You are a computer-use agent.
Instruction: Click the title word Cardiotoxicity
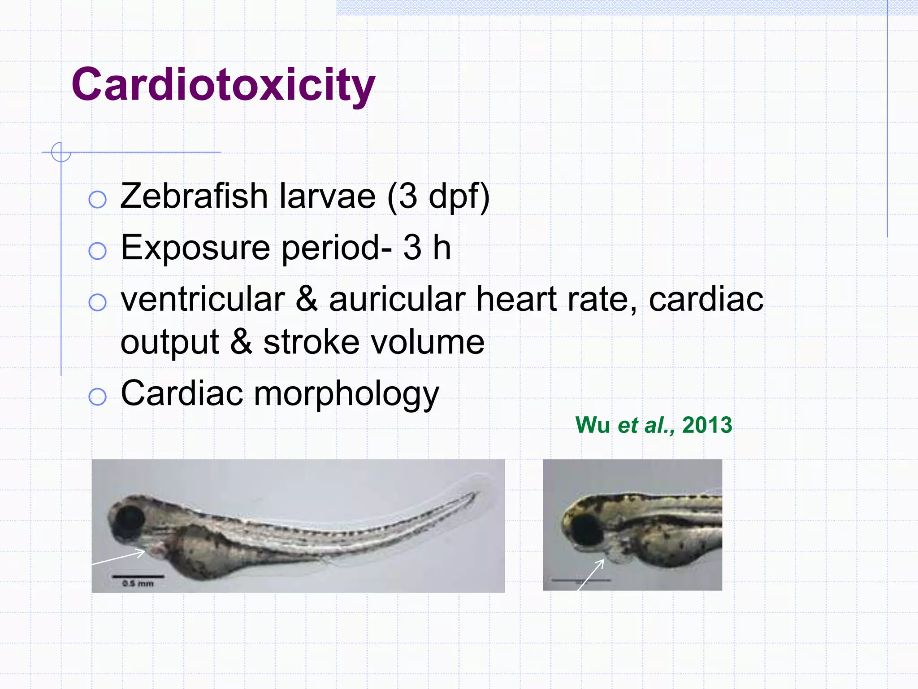[x=223, y=85]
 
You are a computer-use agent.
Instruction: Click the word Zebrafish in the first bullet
[x=194, y=196]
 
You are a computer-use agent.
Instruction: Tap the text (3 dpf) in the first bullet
[x=438, y=197]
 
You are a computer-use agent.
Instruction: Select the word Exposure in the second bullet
[x=195, y=248]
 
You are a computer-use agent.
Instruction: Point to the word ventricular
[x=203, y=300]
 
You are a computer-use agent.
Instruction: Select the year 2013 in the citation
[x=707, y=425]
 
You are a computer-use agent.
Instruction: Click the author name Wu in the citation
[x=592, y=425]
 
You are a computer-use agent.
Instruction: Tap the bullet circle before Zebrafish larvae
[x=97, y=200]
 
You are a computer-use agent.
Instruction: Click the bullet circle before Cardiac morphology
[x=97, y=397]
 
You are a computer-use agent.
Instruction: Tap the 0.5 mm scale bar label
[x=138, y=584]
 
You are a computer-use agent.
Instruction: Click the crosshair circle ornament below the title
[x=61, y=152]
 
